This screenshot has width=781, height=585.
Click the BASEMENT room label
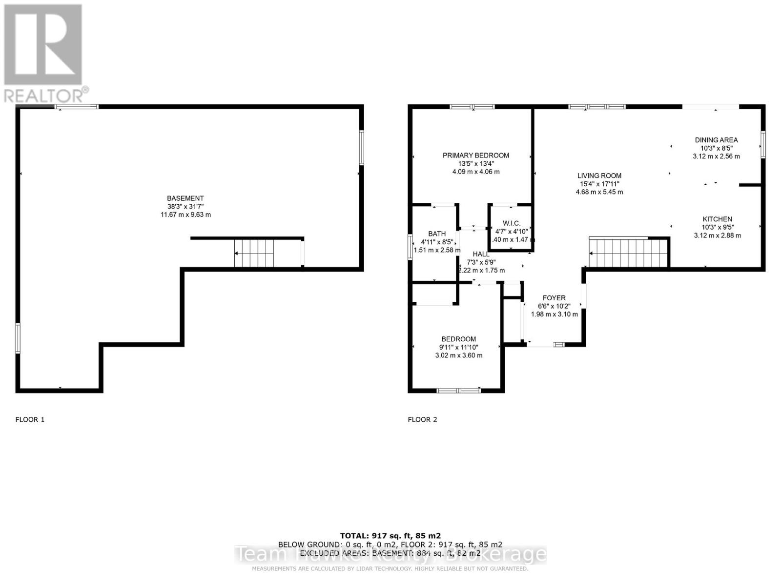(185, 198)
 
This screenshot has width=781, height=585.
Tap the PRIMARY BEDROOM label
(475, 156)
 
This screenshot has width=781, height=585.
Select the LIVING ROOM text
(599, 176)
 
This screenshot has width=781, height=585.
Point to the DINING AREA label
(716, 140)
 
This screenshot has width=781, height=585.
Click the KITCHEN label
(717, 219)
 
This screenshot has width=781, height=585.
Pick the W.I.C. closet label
(511, 223)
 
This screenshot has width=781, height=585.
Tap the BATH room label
(437, 234)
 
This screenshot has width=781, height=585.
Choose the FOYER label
(554, 298)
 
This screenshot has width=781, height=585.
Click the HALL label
(481, 254)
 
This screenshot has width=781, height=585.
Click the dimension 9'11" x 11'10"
(458, 348)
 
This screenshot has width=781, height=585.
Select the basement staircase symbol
(254, 253)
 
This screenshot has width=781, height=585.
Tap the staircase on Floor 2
(628, 253)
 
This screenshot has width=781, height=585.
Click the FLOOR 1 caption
(30, 420)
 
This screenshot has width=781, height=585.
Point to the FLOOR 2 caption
(422, 420)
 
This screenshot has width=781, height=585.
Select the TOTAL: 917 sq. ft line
(390, 536)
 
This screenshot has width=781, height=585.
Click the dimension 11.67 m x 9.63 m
(185, 215)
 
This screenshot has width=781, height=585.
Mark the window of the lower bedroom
(458, 390)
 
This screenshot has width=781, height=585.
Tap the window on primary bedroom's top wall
(472, 107)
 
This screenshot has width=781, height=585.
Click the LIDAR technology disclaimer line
(390, 569)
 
